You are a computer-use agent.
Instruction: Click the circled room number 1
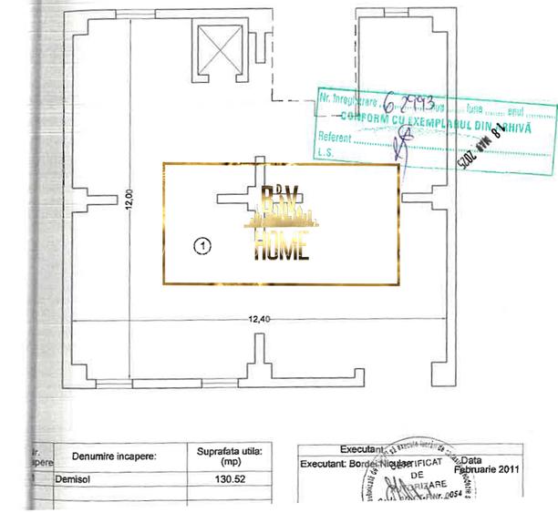(x=203, y=245)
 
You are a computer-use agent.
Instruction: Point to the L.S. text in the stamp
(x=324, y=154)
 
